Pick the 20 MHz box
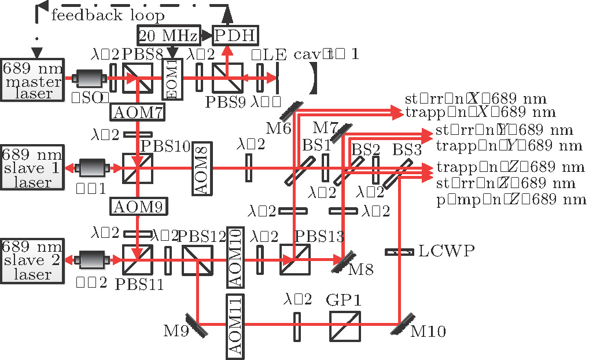pyautogui.click(x=168, y=36)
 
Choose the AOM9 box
pyautogui.click(x=138, y=205)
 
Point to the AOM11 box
pyautogui.click(x=236, y=325)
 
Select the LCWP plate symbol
pyautogui.click(x=400, y=252)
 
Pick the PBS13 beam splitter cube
pyautogui.click(x=294, y=259)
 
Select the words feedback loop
pyautogui.click(x=108, y=15)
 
